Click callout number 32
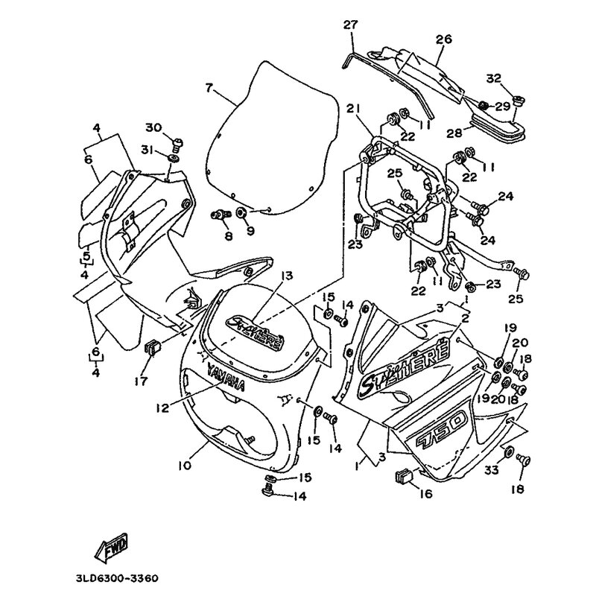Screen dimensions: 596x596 (514, 77)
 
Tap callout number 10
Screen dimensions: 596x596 (185, 466)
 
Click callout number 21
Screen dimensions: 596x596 (352, 110)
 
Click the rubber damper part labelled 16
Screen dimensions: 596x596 (405, 474)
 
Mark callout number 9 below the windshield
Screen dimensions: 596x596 (250, 230)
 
